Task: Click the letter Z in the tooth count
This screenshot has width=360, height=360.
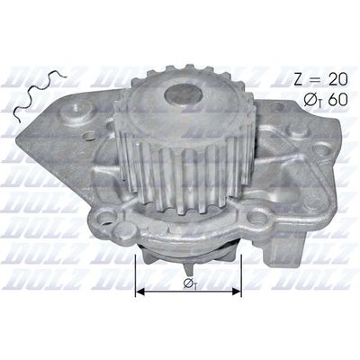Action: (299, 79)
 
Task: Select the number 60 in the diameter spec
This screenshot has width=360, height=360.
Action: (337, 100)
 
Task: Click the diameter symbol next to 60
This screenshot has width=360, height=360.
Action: (310, 100)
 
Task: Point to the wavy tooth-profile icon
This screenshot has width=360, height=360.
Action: (39, 94)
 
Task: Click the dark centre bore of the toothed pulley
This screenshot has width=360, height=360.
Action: (184, 94)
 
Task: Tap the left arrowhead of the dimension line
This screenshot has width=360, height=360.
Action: (141, 291)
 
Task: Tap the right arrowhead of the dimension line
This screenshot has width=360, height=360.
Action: (237, 291)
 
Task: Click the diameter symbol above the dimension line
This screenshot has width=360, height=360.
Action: (189, 283)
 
